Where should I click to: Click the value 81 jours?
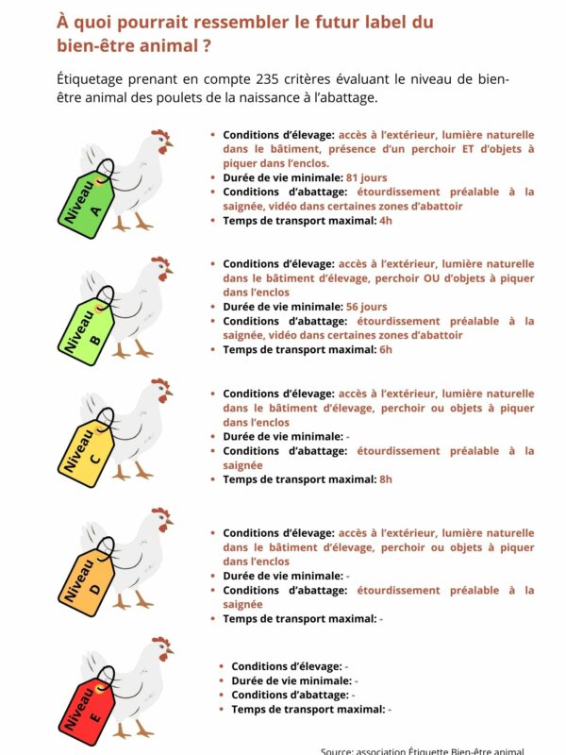point(368,177)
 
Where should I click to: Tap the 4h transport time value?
point(385,220)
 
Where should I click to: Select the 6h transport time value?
point(385,349)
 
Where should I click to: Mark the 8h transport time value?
point(385,479)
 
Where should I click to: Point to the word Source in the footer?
point(338,751)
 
